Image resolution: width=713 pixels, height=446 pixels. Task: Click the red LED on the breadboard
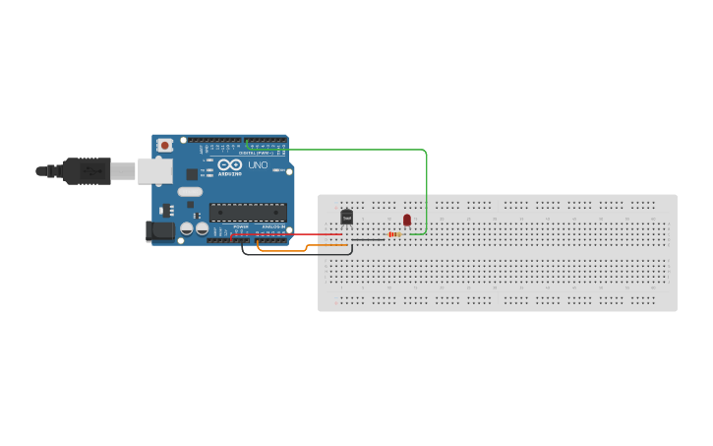406,220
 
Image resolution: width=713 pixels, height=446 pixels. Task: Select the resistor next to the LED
395,234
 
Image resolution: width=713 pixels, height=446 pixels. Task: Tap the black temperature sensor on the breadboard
346,217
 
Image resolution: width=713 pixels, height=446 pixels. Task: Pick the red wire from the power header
285,234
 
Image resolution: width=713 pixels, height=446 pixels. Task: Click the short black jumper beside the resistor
368,239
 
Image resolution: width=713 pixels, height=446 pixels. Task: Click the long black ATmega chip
248,211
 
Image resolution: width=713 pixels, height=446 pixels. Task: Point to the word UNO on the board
257,165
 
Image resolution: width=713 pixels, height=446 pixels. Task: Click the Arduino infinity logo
229,165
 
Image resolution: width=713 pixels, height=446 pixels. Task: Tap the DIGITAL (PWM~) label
259,153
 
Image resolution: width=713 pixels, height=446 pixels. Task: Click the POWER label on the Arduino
241,225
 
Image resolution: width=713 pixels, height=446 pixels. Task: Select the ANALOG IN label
272,225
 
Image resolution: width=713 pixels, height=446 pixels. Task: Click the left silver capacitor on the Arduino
186,229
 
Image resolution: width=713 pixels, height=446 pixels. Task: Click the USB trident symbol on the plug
93,170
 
